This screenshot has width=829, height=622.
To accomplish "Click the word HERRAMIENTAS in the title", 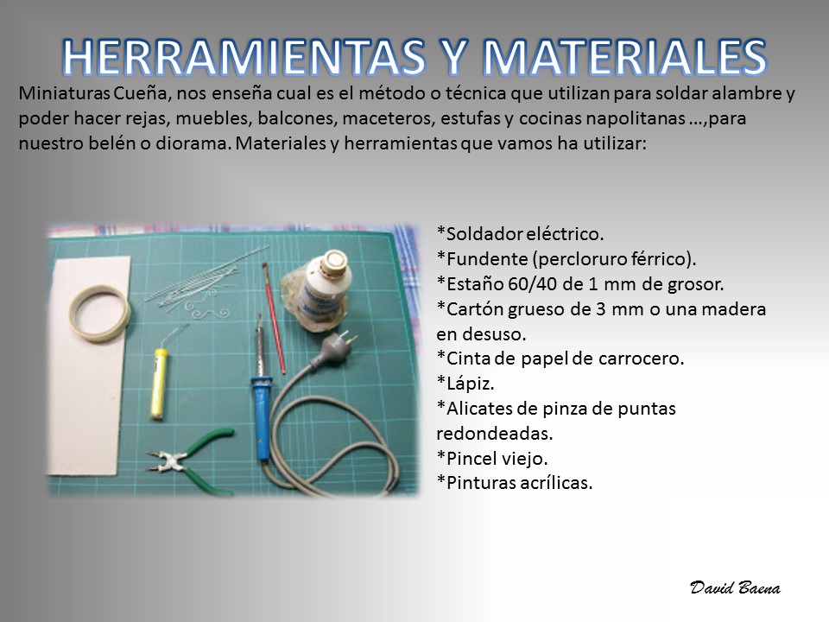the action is [x=244, y=57].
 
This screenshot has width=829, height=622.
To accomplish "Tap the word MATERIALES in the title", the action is [x=625, y=57].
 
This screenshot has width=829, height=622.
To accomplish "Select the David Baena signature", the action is [x=735, y=588].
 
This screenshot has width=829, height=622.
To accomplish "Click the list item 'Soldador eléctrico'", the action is [x=520, y=234].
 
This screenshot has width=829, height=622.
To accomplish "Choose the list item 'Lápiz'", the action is [x=465, y=384].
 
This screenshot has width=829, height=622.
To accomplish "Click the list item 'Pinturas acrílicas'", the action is [x=515, y=482].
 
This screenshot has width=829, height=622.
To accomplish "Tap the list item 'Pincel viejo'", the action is [x=491, y=458].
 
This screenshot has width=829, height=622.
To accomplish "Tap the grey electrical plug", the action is [x=332, y=348].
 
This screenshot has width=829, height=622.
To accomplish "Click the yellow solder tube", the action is [x=159, y=384].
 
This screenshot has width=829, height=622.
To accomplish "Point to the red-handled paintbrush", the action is [x=275, y=318].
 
